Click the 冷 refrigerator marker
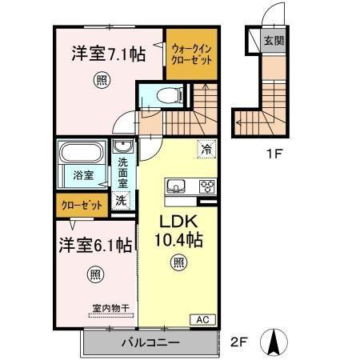[x=206, y=148]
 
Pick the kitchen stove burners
[x=206, y=187]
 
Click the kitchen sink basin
[x=175, y=187]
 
